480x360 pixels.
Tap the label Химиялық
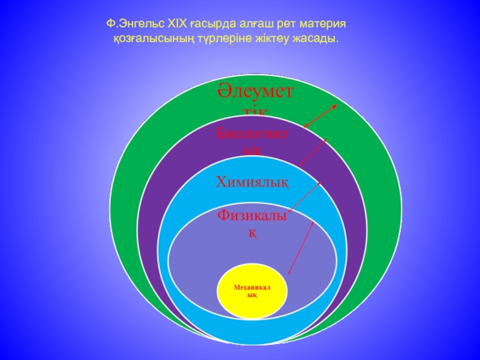click(x=252, y=182)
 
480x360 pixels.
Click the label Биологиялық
click(x=252, y=140)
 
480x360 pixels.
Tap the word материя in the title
click(x=327, y=24)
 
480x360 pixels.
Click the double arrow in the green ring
click(x=321, y=116)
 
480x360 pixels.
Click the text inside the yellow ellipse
click(x=252, y=292)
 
